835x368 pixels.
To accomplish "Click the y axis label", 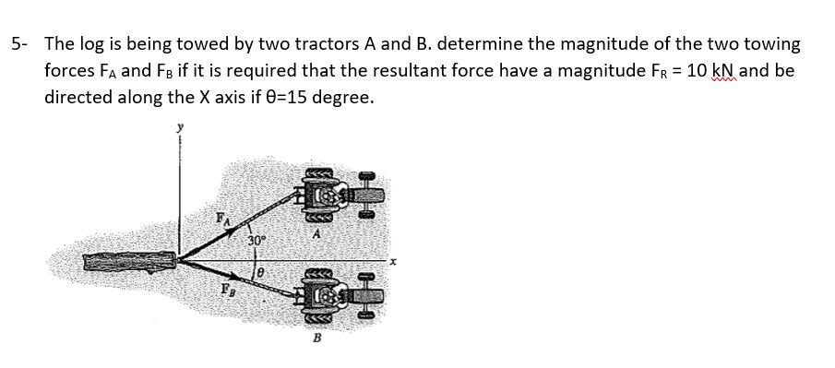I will (x=181, y=130).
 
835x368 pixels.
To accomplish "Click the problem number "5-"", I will (x=20, y=43).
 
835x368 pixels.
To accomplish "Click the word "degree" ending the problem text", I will (x=345, y=97).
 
